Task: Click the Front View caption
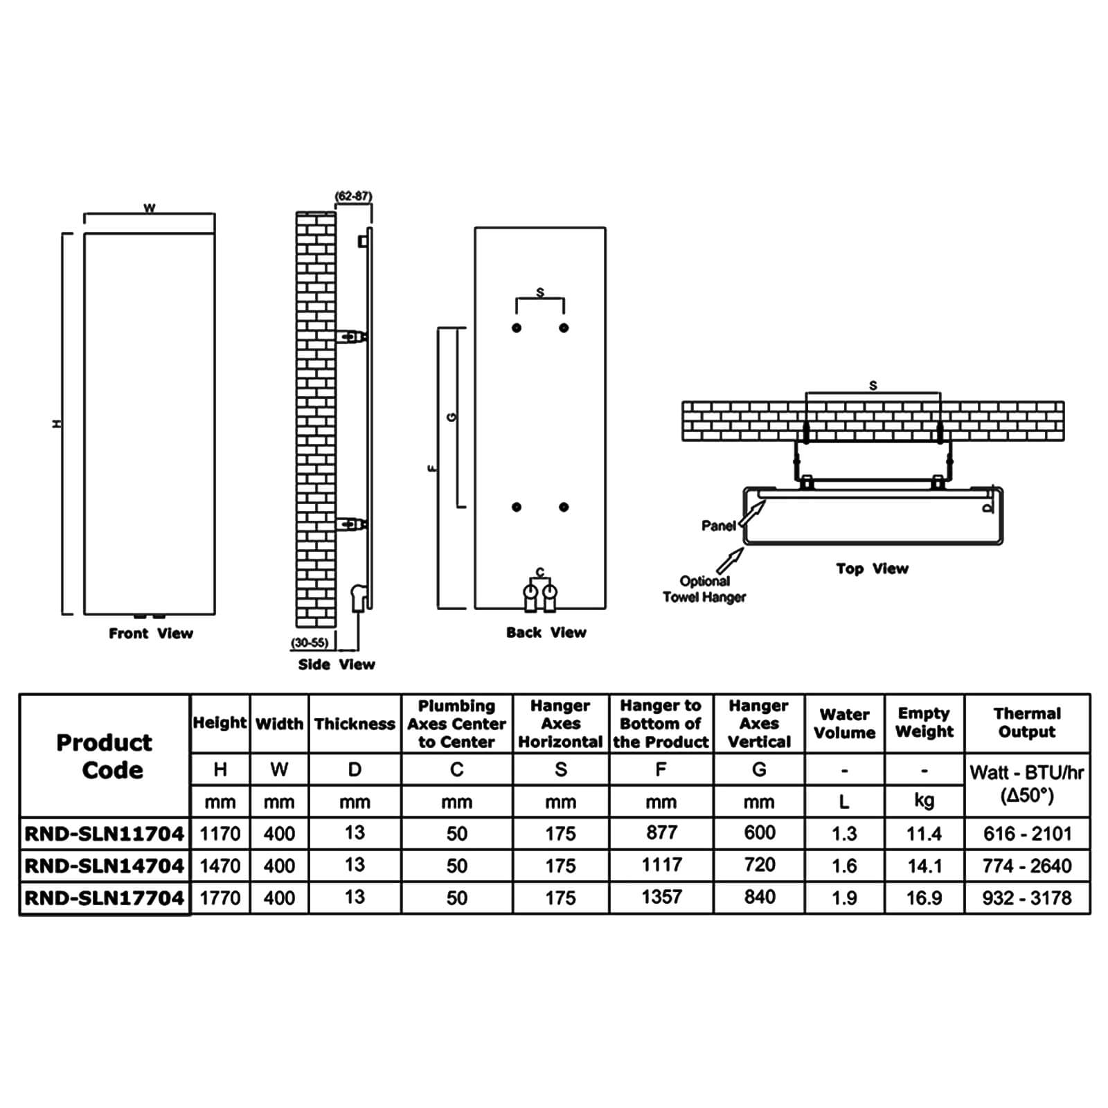point(151,633)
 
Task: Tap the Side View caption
point(337,664)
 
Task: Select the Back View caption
point(546,632)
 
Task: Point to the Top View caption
point(872,569)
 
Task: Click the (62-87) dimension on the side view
point(353,196)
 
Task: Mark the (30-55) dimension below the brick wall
point(310,643)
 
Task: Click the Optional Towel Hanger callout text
point(704,589)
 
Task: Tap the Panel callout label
point(719,526)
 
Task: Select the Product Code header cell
point(105,756)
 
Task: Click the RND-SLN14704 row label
point(105,866)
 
